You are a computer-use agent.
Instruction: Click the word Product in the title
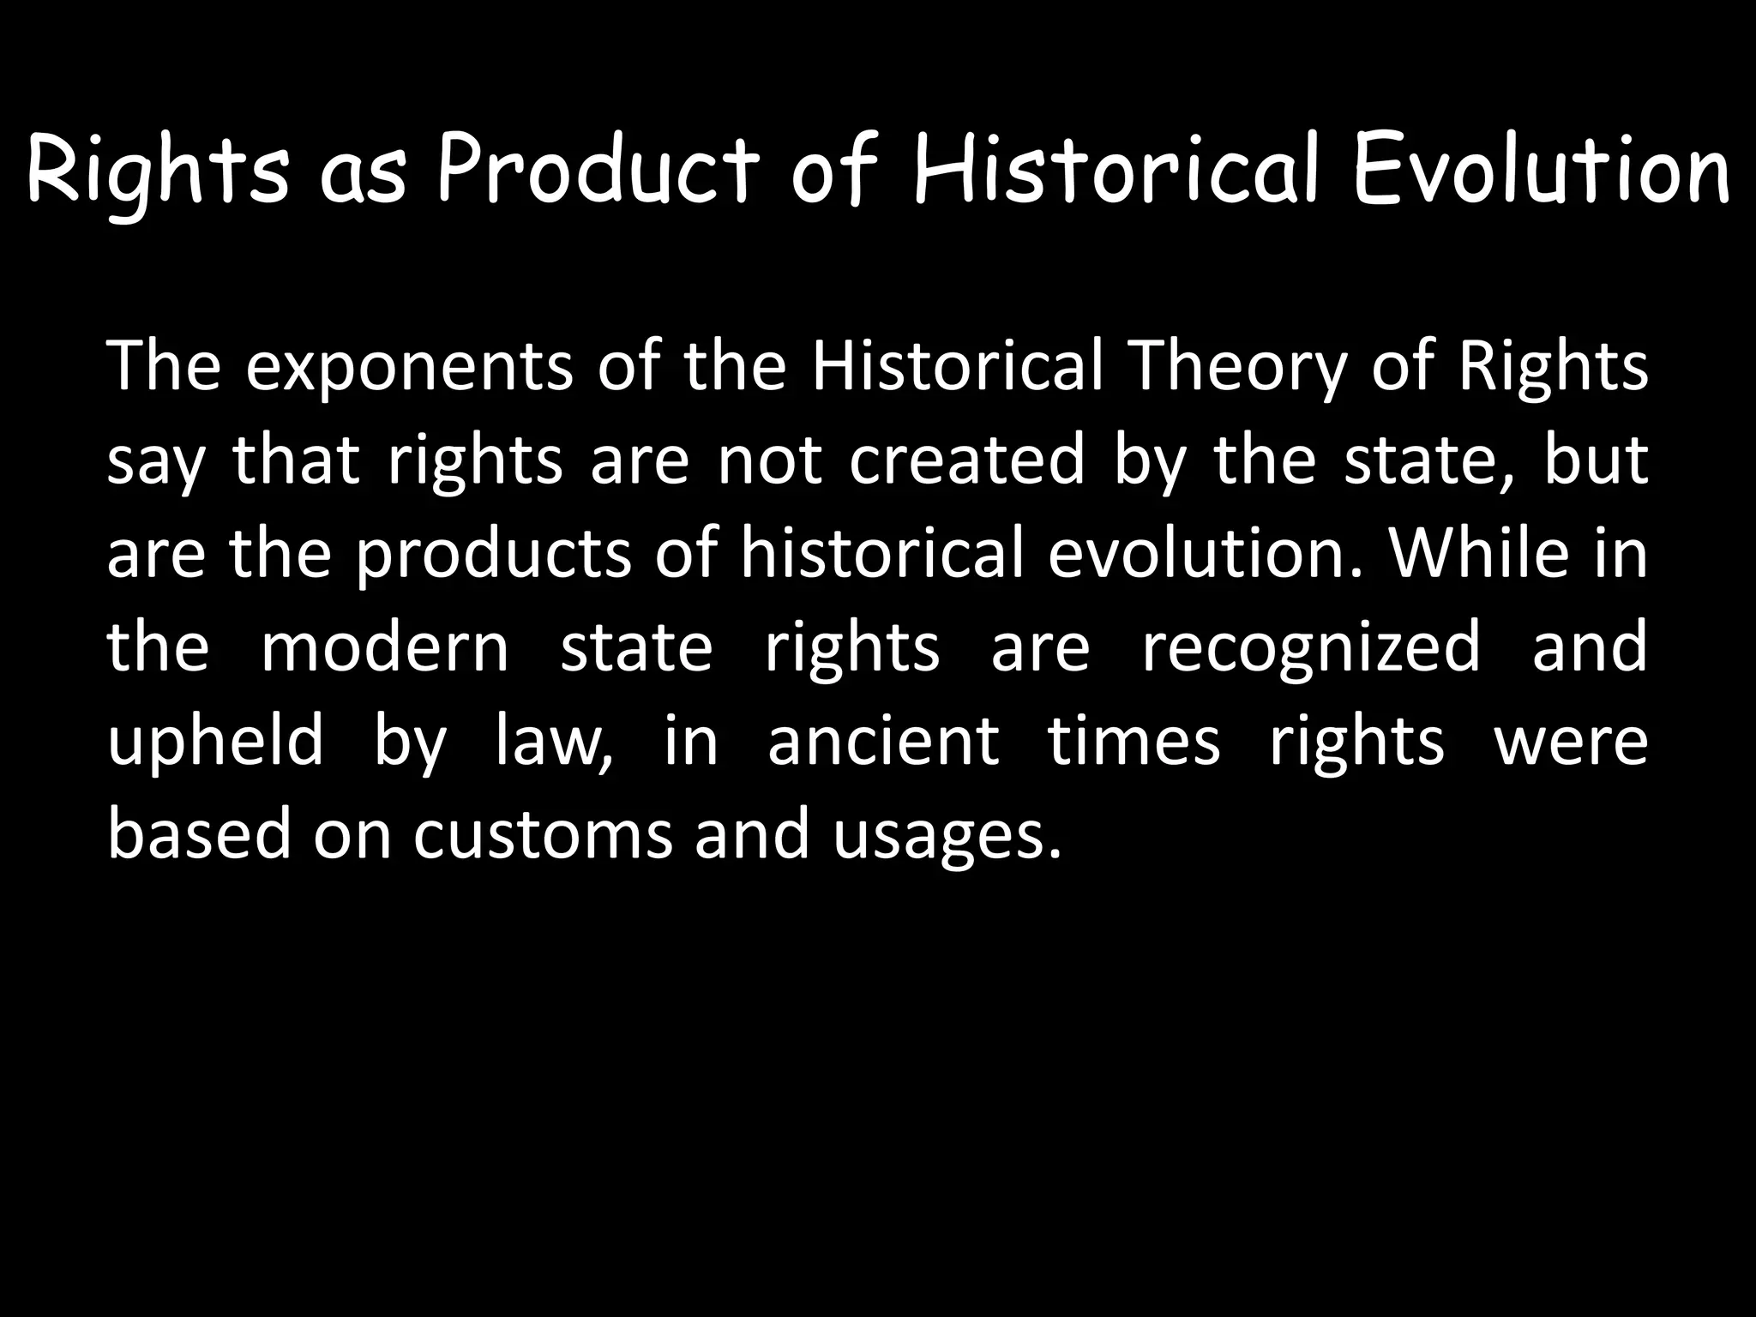(x=598, y=171)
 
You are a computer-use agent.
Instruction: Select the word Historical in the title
(x=1115, y=171)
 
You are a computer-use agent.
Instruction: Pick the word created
(x=967, y=460)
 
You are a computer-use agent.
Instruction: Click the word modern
(x=385, y=647)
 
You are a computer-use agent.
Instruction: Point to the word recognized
(x=1311, y=647)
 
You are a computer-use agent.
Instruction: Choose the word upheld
(x=215, y=741)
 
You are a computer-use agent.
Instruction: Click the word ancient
(x=883, y=741)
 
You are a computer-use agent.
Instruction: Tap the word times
(x=1134, y=741)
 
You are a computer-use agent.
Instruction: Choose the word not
(x=769, y=460)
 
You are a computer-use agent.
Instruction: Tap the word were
(x=1571, y=741)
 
